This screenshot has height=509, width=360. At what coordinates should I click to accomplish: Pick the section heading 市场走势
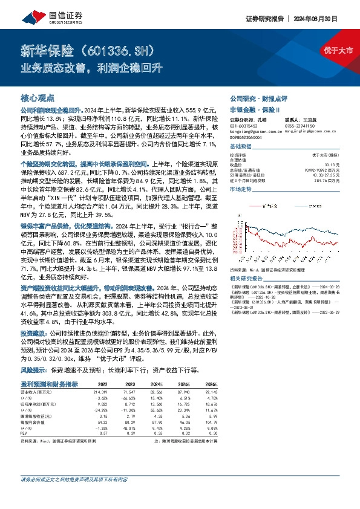click(240, 189)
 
